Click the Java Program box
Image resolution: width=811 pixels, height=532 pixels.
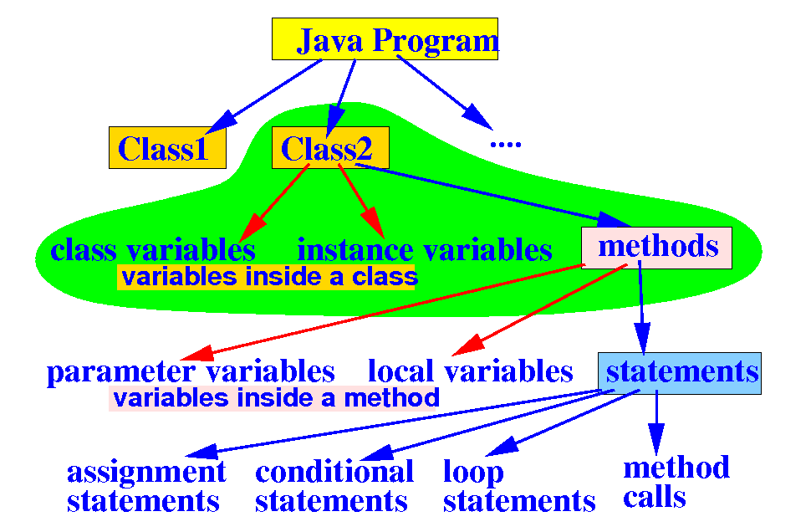click(x=385, y=39)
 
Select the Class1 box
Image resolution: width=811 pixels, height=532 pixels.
click(x=167, y=148)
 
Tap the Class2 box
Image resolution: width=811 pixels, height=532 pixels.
click(x=330, y=148)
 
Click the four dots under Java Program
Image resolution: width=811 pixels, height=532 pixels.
click(x=505, y=144)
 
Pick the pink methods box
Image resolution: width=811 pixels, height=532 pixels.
click(x=657, y=247)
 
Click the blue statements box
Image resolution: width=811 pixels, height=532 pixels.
click(x=681, y=372)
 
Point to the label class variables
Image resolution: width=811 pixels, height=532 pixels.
click(x=153, y=249)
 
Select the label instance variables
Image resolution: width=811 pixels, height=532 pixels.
click(x=425, y=249)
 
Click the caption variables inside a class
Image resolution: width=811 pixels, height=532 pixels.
click(x=268, y=277)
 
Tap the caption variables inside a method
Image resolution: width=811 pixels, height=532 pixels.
click(x=276, y=397)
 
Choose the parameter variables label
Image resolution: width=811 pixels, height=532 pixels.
click(x=191, y=371)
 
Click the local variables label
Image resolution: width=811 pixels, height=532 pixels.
click(x=471, y=371)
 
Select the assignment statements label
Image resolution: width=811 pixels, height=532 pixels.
click(x=145, y=487)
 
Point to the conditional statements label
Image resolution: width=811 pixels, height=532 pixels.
click(x=334, y=487)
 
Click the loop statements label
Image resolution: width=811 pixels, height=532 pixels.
click(x=518, y=487)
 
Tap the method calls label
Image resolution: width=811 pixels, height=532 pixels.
click(x=676, y=482)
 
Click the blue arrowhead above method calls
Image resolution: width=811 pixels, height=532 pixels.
click(x=656, y=440)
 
